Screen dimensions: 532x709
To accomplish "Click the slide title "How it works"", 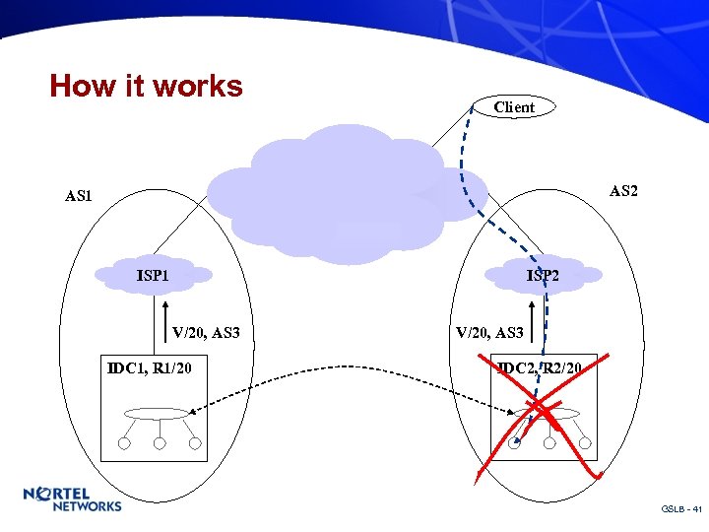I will pos(146,86).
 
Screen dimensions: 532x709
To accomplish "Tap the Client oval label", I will pos(514,107).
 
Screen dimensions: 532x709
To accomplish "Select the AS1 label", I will pos(79,196).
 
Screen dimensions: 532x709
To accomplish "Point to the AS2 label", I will pos(623,190).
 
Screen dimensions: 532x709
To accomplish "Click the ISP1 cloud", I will pos(154,275).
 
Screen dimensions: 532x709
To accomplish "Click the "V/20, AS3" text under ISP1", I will pos(206,333).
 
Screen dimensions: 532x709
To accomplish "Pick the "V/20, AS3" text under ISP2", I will pos(490,333).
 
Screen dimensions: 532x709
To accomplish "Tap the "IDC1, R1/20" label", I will pos(150,369).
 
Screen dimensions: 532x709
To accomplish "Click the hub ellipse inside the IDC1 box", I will pos(157,414).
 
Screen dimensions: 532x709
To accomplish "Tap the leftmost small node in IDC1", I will pos(124,443).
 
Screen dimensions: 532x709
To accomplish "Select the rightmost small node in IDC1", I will pos(195,443).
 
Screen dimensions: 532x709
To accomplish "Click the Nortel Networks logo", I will pos(73,499).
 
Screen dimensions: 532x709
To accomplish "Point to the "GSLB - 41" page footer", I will pos(680,509).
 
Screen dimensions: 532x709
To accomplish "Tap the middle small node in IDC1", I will pos(159,443).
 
